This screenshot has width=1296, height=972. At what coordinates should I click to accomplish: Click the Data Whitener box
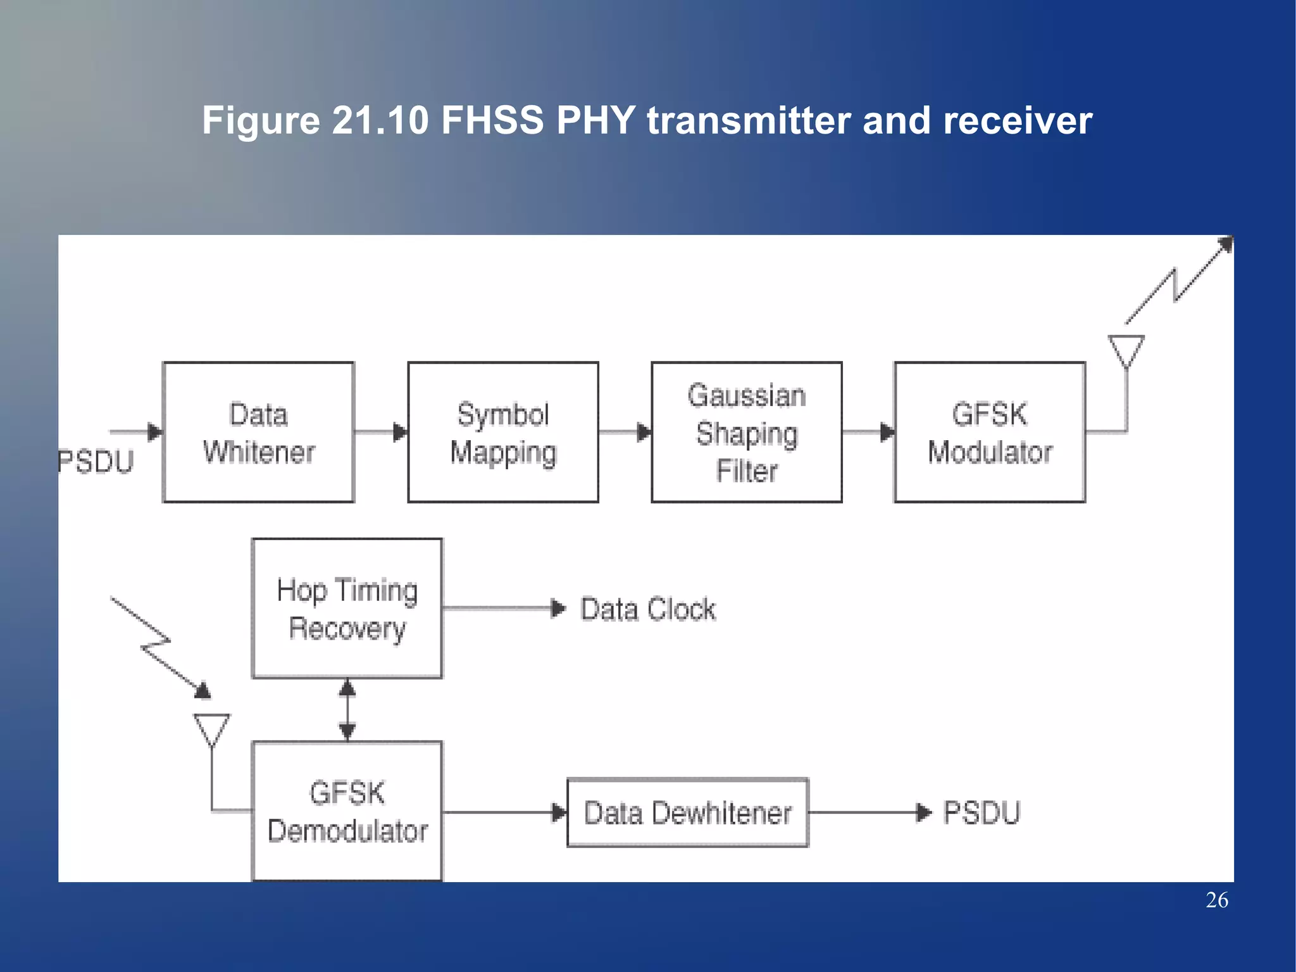[x=258, y=432]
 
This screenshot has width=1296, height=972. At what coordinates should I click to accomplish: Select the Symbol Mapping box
[x=503, y=432]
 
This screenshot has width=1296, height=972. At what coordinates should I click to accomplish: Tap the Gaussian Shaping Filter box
[x=747, y=432]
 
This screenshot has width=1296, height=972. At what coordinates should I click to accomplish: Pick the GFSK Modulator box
[x=990, y=432]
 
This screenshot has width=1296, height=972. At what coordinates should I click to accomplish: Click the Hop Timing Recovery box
[x=347, y=609]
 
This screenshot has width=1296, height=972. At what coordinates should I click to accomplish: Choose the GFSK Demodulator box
[x=347, y=811]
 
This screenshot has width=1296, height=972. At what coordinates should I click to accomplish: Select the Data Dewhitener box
[x=688, y=812]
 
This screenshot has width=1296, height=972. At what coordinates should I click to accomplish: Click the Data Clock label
[x=648, y=609]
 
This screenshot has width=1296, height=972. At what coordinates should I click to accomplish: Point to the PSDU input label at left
[x=96, y=461]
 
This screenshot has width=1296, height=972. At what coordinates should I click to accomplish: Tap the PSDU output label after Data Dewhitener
[x=981, y=812]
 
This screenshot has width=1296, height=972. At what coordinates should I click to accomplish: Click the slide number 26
[x=1216, y=900]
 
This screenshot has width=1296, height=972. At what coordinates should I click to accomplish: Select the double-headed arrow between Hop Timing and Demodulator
[x=347, y=709]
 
